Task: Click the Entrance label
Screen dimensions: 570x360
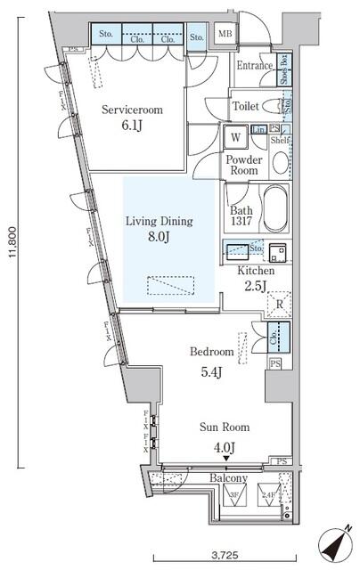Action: pos(255,65)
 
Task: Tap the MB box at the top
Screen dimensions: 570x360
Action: pos(225,37)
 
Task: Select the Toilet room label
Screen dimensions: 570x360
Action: pos(246,106)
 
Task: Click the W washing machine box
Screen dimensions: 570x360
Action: pos(236,138)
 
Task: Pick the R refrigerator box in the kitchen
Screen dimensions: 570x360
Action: pos(280,305)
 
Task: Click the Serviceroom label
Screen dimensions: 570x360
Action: pos(131,110)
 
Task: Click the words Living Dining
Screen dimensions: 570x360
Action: pos(159,221)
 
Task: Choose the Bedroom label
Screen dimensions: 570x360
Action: pos(211,352)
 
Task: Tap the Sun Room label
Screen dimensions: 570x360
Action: pos(224,427)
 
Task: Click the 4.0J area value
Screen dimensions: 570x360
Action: pos(224,446)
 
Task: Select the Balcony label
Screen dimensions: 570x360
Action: pos(228,479)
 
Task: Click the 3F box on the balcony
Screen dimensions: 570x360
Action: pos(236,495)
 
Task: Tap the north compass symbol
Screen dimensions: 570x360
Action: pos(335,542)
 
